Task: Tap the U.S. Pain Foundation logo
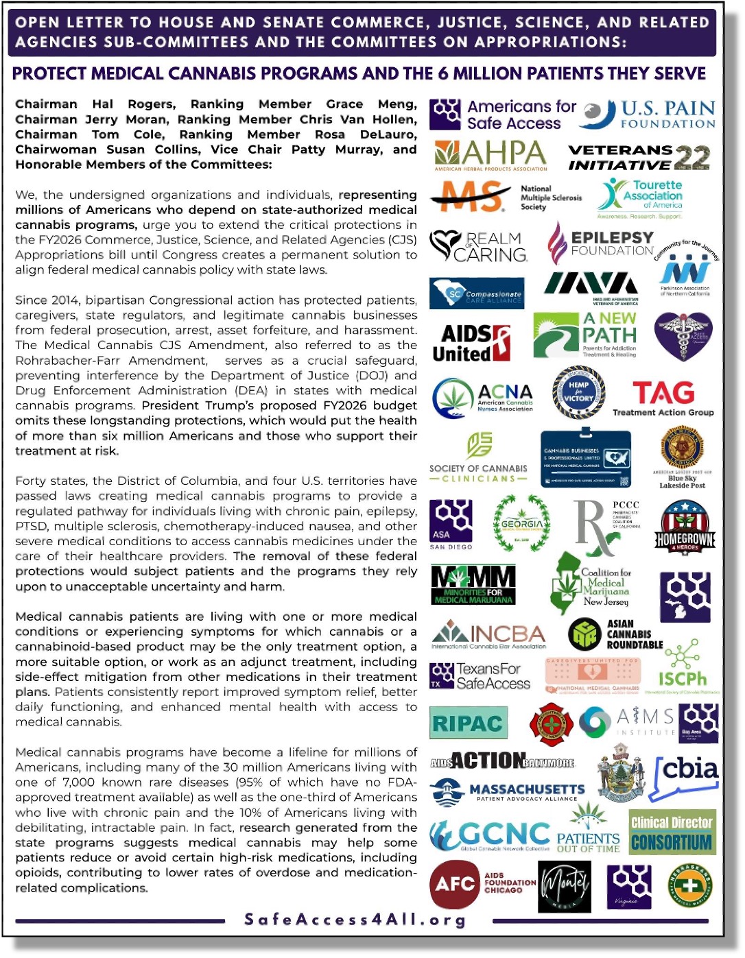click(647, 115)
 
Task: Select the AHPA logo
click(490, 156)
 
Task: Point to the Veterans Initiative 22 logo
click(639, 157)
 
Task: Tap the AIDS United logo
click(471, 343)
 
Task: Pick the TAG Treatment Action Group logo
click(663, 398)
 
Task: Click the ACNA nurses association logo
click(483, 398)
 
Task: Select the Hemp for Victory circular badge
click(578, 392)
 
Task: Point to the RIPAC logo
click(469, 723)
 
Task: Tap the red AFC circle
click(454, 884)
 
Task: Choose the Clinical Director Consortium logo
click(672, 832)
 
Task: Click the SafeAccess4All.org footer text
click(355, 920)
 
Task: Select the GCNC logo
click(490, 835)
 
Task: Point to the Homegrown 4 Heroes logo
click(684, 527)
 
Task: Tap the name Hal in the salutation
click(102, 104)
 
